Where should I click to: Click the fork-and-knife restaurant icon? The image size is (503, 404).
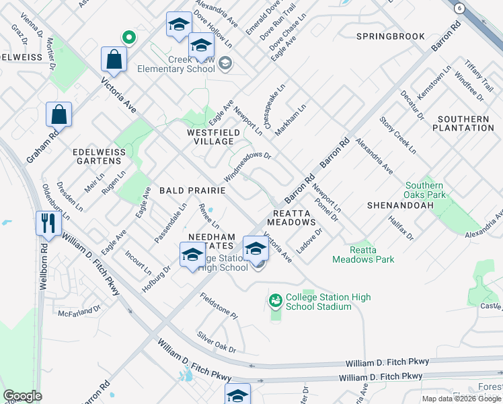(48, 224)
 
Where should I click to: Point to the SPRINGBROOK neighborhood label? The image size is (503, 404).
(390, 36)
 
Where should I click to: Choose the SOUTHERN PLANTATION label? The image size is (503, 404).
(463, 123)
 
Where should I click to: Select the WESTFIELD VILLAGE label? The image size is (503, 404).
(213, 137)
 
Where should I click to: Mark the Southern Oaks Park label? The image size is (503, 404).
(424, 190)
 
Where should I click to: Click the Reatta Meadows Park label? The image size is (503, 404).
(363, 255)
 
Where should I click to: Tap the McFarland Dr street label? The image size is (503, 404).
(79, 312)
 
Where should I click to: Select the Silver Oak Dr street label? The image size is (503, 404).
(217, 341)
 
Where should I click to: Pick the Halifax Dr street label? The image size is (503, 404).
(401, 229)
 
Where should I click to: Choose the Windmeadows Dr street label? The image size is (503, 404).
(247, 165)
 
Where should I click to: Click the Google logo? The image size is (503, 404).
(22, 396)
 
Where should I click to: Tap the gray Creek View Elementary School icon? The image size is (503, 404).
(225, 64)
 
